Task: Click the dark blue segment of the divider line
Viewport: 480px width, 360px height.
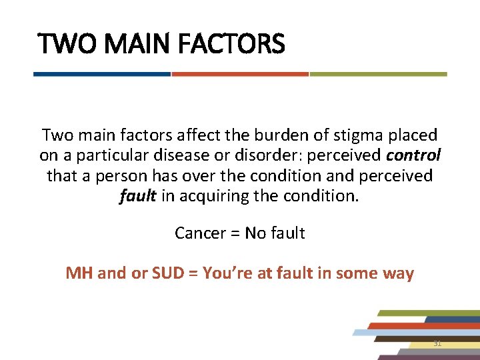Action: (102, 74)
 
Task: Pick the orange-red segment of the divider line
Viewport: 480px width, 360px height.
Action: (240, 74)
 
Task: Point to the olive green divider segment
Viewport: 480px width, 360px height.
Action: (378, 74)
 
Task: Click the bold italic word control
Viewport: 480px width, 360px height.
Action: (413, 156)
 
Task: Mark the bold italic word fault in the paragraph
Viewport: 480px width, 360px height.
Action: (137, 197)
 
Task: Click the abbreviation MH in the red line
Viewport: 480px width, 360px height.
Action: (79, 273)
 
